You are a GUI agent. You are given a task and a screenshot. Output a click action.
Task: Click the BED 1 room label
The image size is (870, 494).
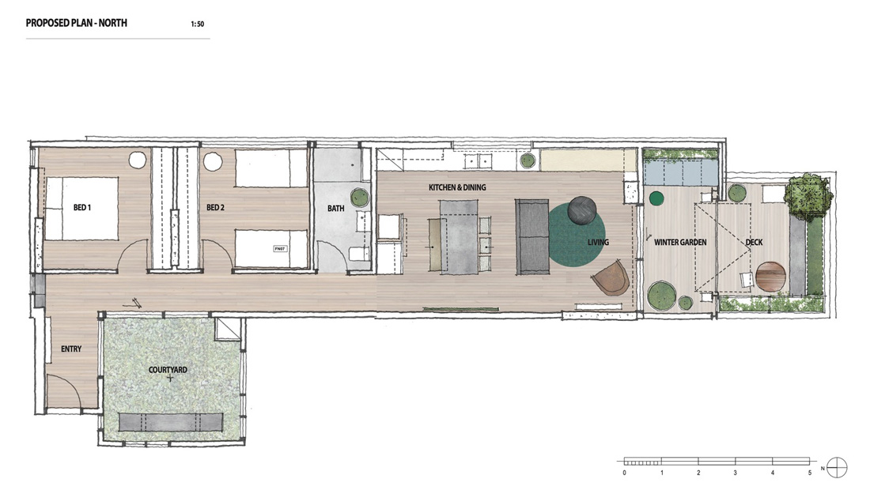pos(82,208)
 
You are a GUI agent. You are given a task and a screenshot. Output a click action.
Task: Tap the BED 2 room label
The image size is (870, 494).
pos(215,208)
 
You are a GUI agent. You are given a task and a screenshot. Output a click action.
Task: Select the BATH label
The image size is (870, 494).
pos(335,209)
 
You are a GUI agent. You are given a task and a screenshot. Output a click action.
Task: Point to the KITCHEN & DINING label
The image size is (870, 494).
pos(457,187)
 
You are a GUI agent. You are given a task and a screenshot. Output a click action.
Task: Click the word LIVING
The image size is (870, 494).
pos(598,243)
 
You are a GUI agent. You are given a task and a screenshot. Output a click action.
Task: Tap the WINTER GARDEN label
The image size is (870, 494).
pos(680,243)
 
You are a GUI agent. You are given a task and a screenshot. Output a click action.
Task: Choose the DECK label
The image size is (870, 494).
pos(754,243)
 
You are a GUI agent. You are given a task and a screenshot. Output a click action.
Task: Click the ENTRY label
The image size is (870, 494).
pos(71,349)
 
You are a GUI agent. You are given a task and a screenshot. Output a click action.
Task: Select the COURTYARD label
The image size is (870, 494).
pos(168,370)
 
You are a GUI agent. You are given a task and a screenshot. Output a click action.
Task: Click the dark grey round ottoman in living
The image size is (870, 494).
pos(582,210)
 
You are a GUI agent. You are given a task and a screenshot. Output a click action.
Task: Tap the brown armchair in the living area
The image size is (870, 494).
pos(611,278)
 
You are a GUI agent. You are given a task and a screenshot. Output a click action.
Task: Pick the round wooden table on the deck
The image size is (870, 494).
pos(771,277)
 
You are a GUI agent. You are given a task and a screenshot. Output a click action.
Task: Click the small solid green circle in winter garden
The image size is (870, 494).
pos(656,198)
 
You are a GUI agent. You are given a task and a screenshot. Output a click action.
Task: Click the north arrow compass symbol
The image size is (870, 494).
pos(837,467)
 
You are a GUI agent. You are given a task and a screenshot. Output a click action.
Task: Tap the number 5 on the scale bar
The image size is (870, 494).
pos(810,473)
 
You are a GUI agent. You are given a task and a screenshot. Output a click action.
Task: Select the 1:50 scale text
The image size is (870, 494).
pos(197,24)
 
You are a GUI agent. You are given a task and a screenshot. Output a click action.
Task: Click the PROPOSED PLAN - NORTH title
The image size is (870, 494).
pos(77,23)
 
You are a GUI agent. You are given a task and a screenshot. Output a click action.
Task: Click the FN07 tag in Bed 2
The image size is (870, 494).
pos(280,249)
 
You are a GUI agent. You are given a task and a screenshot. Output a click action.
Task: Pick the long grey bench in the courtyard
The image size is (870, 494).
pos(171,423)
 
